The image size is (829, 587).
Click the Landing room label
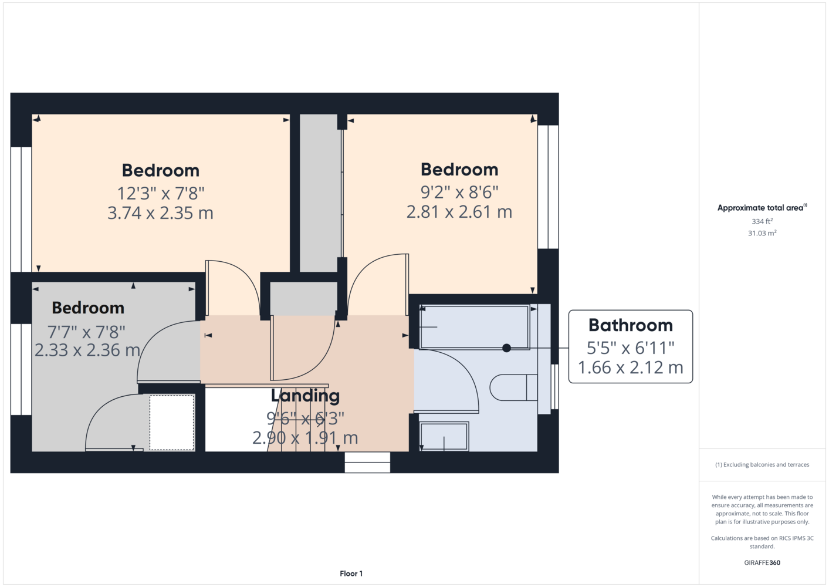[x=305, y=396]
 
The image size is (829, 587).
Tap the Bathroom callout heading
[x=631, y=325]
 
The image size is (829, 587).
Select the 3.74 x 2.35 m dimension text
[x=160, y=213]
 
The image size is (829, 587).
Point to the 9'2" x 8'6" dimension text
[x=459, y=192]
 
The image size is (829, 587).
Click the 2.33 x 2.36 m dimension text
[x=87, y=350]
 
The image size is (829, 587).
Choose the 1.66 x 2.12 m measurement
[x=631, y=367]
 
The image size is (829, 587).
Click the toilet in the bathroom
[x=513, y=387]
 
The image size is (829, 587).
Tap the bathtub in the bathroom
[x=475, y=327]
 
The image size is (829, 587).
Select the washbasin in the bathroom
[x=444, y=436]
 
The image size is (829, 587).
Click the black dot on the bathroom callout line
[x=507, y=348]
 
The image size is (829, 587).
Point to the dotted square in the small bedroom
[x=172, y=423]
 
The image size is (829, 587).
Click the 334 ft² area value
[x=762, y=221]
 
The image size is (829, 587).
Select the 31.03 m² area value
[x=762, y=233]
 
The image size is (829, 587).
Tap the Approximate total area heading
[x=762, y=207]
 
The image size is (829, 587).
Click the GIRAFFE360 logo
[x=762, y=562]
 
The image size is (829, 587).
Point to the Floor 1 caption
[x=351, y=573]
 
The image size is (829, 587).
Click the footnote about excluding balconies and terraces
[x=762, y=464]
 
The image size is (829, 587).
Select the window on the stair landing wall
[x=367, y=462]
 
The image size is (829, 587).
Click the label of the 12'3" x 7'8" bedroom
[x=161, y=170]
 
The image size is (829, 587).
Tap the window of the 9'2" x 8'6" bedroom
[x=548, y=187]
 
